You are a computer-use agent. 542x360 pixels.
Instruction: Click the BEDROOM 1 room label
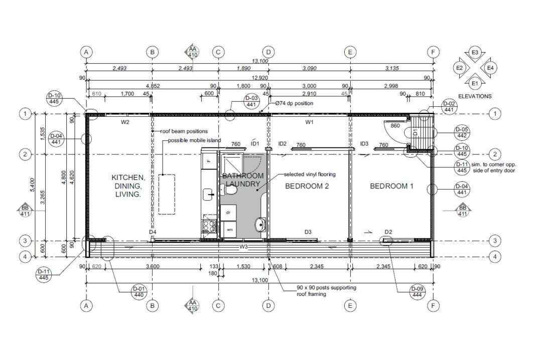tap(391, 186)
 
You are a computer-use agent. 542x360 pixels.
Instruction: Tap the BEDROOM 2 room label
tap(307, 186)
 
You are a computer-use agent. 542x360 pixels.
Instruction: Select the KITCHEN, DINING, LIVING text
tap(128, 186)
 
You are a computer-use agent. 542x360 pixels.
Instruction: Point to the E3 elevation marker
tap(475, 53)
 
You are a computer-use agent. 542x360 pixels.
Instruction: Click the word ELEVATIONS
tap(475, 96)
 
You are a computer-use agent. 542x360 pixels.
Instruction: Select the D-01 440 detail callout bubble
tap(138, 292)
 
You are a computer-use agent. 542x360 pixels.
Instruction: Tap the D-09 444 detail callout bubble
tap(417, 292)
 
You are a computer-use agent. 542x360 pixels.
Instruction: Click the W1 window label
tap(310, 122)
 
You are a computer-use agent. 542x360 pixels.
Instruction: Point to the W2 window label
tap(125, 122)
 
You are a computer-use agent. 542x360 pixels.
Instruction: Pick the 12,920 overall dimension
tap(259, 78)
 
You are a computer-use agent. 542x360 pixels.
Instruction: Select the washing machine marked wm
tap(229, 230)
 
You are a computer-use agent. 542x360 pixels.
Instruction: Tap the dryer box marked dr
tap(228, 212)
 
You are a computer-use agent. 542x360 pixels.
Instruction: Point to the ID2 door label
tap(282, 144)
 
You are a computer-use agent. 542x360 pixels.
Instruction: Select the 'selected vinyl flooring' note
tap(310, 174)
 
